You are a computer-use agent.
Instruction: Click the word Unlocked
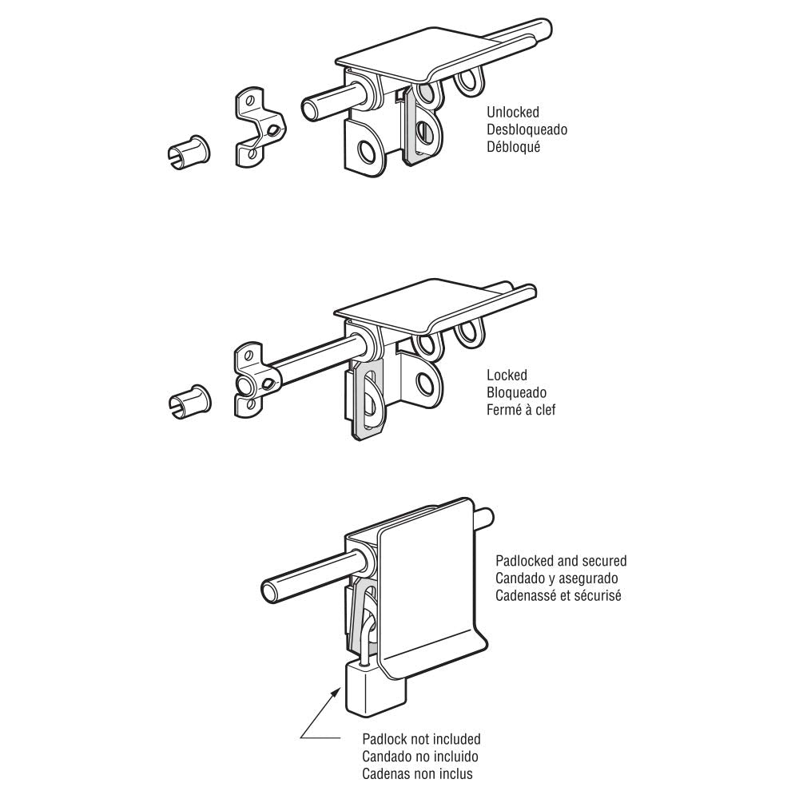click(513, 112)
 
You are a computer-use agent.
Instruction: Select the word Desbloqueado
click(527, 129)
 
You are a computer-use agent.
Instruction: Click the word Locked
click(507, 376)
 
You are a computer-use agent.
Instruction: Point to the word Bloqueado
click(517, 393)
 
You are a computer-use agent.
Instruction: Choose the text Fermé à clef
click(521, 410)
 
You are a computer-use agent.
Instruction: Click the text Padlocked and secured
click(561, 561)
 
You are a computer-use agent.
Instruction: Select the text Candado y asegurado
click(557, 578)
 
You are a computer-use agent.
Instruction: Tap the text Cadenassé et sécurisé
click(559, 596)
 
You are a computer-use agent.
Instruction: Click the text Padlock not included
click(421, 739)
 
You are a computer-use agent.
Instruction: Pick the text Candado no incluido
click(420, 757)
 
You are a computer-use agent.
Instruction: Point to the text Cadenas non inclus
click(417, 774)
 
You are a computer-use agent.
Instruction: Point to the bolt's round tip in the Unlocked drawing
click(309, 109)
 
